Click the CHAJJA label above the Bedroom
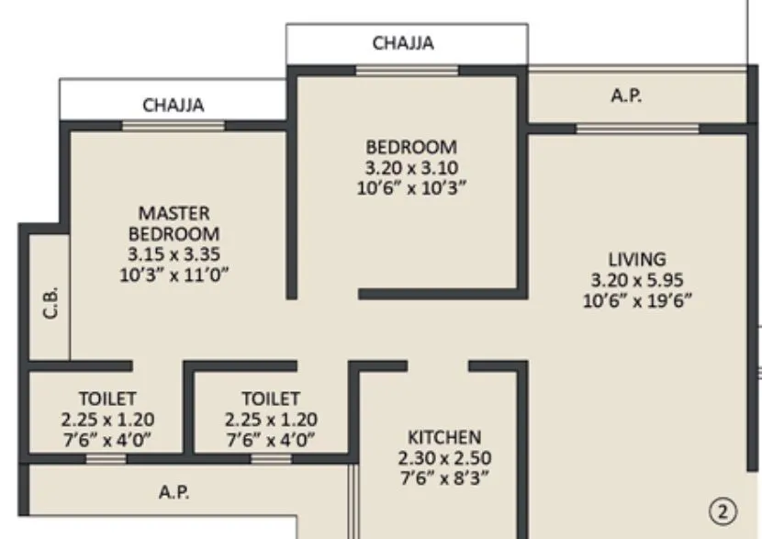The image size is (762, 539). pos(404,42)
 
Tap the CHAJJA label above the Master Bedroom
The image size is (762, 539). pos(173,106)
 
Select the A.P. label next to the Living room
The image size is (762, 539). pos(626,95)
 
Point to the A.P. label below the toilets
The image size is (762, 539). pos(174,493)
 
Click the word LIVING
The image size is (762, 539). pos(636,258)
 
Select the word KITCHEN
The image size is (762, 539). pos(444,436)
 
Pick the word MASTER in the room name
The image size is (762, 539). pos(174,213)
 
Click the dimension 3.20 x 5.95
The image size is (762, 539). pos(636,279)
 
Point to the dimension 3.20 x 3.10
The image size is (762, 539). pos(411,167)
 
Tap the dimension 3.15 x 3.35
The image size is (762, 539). pos(174,253)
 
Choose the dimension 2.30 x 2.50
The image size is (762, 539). pos(444,456)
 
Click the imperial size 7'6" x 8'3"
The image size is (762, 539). pos(444,477)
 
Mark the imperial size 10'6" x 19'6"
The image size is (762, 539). pos(636,299)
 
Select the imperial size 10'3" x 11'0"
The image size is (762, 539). pos(174,274)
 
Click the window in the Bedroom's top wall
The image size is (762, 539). pos(407,70)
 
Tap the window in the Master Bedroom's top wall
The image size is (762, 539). pos(174,126)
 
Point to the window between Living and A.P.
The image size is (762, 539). pos(624,129)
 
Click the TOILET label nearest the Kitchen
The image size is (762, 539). pos(271,399)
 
